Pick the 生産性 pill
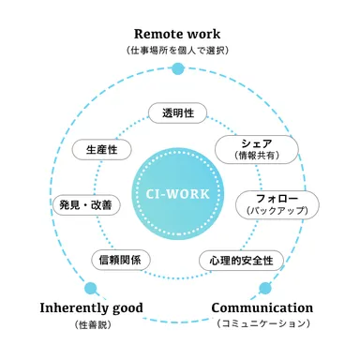pos(101,150)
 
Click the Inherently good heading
pos(92,307)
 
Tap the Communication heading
pos(262,307)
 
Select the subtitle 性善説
pos(91,325)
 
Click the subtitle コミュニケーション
pos(262,324)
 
